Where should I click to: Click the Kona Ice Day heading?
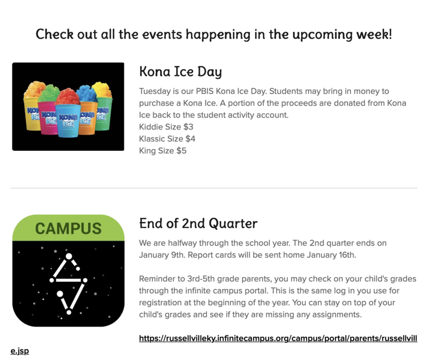click(180, 72)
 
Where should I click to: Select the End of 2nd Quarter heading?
click(198, 223)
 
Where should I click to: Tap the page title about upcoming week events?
click(213, 35)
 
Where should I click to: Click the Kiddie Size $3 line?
click(166, 127)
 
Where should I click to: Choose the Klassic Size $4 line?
click(167, 139)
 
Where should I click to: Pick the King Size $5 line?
click(163, 151)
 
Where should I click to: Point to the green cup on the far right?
click(102, 110)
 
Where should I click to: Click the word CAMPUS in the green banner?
click(68, 228)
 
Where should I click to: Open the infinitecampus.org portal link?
click(278, 338)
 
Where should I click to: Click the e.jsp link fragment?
click(19, 351)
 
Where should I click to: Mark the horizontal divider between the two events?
click(213, 188)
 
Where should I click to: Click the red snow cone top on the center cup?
click(67, 97)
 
